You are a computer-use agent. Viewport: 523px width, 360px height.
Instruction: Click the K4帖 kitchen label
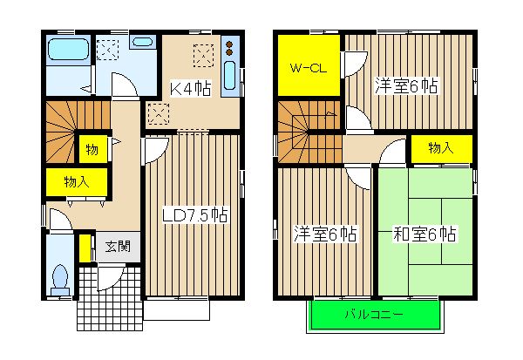click(190, 87)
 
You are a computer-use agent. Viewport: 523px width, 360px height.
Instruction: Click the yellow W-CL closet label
click(309, 68)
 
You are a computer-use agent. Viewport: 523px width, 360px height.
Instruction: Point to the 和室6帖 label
click(425, 234)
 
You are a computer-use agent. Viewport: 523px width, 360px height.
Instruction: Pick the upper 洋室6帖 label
click(406, 85)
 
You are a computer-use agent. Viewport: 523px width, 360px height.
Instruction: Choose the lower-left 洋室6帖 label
click(324, 234)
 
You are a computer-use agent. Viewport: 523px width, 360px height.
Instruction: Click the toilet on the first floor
click(61, 277)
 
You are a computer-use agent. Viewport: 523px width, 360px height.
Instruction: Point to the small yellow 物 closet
click(91, 149)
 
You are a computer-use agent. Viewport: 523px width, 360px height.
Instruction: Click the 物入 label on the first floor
click(76, 182)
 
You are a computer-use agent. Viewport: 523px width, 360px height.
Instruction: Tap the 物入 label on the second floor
click(441, 148)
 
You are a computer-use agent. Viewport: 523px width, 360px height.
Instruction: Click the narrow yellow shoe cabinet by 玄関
click(85, 248)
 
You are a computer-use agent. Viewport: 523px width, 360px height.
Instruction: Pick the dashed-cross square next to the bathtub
click(111, 49)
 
